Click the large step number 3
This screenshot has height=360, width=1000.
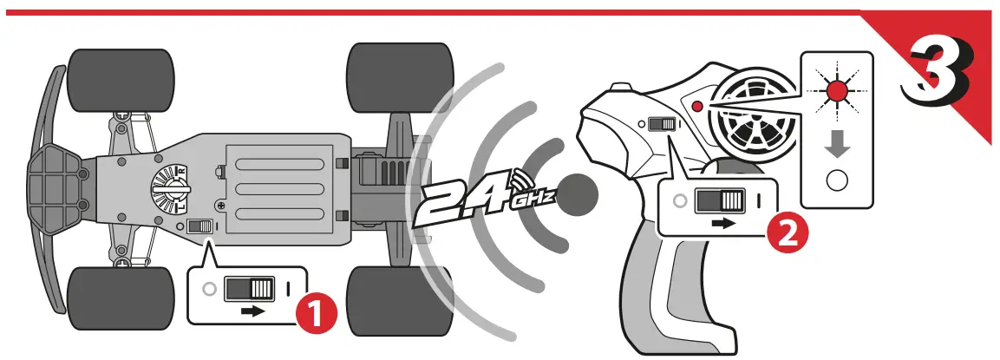[x=938, y=74]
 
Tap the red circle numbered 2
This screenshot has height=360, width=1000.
[x=786, y=233]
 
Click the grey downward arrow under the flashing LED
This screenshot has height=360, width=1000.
[x=836, y=144]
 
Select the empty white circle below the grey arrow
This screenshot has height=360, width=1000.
[x=837, y=181]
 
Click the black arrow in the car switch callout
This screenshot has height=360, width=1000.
[x=252, y=311]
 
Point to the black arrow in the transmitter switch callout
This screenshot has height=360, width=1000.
[x=722, y=222]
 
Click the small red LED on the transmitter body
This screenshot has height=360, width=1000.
[x=697, y=106]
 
